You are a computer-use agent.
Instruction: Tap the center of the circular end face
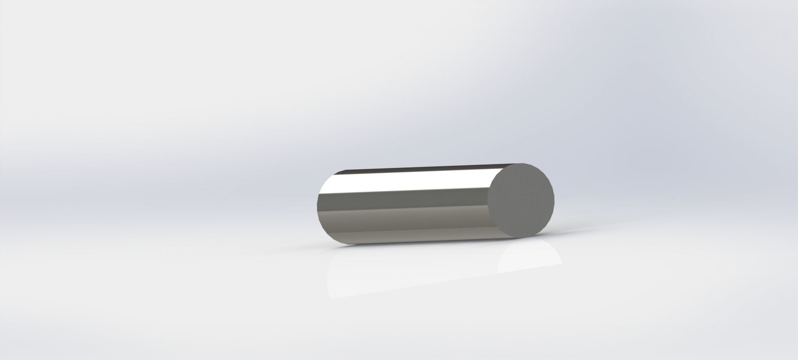[521, 200]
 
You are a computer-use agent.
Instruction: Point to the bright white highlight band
[407, 183]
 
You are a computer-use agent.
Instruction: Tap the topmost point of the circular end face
[525, 163]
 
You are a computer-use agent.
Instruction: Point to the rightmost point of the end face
[554, 200]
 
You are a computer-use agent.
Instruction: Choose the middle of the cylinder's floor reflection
[436, 266]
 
